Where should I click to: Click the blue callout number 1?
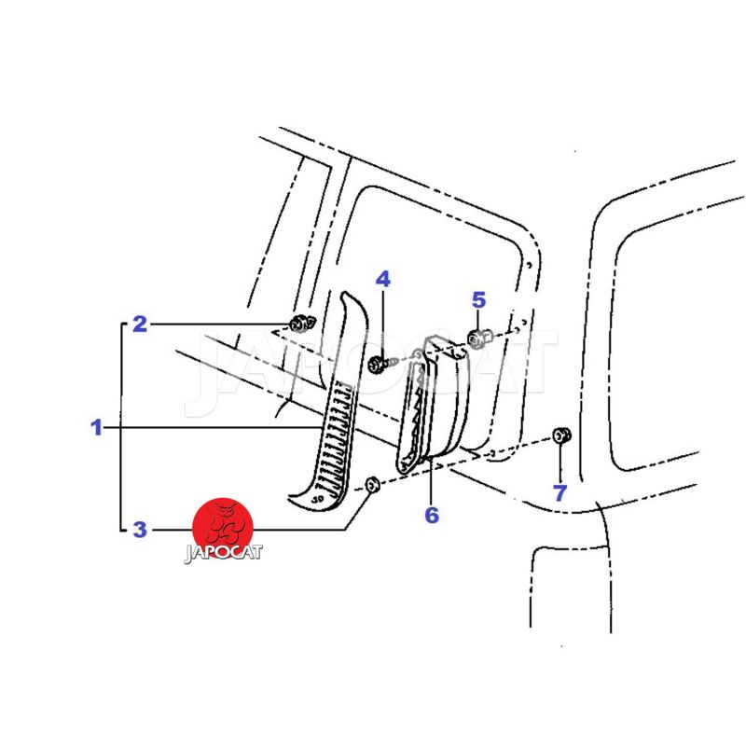click(97, 427)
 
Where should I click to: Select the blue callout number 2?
click(140, 324)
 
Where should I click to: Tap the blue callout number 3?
click(140, 529)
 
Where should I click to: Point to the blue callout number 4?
click(383, 279)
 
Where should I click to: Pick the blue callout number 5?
click(478, 300)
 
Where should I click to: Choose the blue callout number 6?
click(432, 515)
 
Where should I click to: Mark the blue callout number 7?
click(560, 493)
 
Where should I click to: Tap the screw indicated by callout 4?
click(380, 365)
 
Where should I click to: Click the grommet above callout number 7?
click(561, 435)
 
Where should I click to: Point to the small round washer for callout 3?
click(372, 486)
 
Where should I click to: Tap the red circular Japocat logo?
click(222, 528)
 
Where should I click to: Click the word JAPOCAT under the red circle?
click(223, 553)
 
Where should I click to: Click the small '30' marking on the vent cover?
click(319, 499)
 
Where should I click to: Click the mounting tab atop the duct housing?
click(445, 347)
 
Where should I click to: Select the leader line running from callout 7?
click(560, 462)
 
